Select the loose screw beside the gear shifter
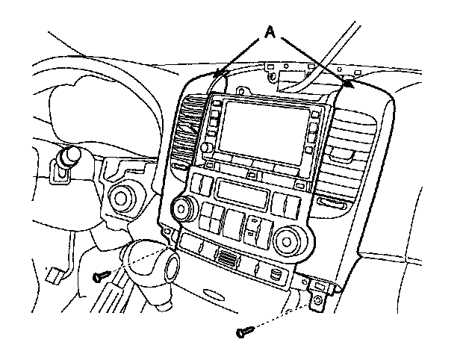tap(100, 277)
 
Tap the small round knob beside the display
tap(205, 149)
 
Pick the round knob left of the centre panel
tap(119, 198)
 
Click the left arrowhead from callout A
tap(217, 75)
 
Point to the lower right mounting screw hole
tap(319, 300)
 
